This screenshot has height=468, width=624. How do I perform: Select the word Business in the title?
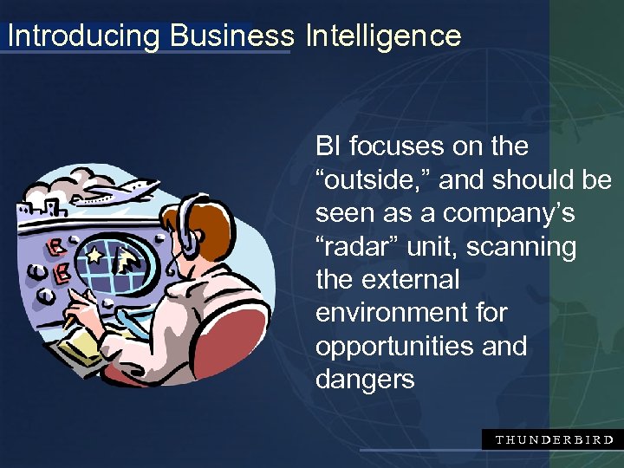point(232,36)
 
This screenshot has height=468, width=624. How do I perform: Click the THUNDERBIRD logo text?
point(554,439)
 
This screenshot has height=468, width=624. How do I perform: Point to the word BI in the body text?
point(328,146)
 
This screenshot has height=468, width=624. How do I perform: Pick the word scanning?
point(522,247)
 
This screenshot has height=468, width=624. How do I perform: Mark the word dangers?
point(365,379)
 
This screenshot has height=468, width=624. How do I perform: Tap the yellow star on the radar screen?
point(94,257)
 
